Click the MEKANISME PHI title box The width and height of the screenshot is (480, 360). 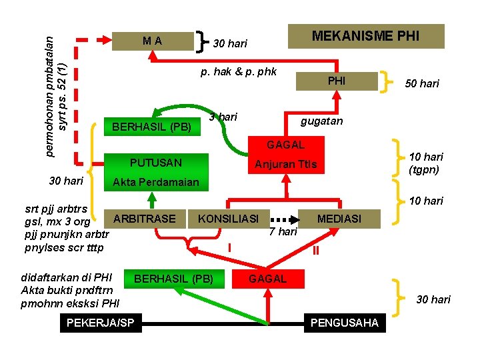tap(365, 36)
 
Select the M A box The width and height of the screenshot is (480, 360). tap(152, 41)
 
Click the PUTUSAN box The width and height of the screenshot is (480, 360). tap(155, 162)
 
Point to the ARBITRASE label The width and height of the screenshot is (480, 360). tap(145, 218)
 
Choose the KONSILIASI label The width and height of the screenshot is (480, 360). tap(228, 218)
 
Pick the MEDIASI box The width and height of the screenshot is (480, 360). tap(339, 218)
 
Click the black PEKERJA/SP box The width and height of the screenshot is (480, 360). tap(100, 323)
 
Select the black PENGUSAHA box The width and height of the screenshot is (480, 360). tap(344, 323)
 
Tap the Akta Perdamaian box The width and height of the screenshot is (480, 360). tap(155, 182)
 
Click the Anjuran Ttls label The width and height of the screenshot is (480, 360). tap(286, 165)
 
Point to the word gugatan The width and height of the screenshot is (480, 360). tap(321, 121)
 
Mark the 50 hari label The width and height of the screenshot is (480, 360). tap(422, 83)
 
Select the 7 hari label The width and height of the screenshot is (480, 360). tap(283, 232)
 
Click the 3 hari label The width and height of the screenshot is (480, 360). tap(223, 117)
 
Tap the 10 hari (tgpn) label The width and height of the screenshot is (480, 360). tap(426, 163)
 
